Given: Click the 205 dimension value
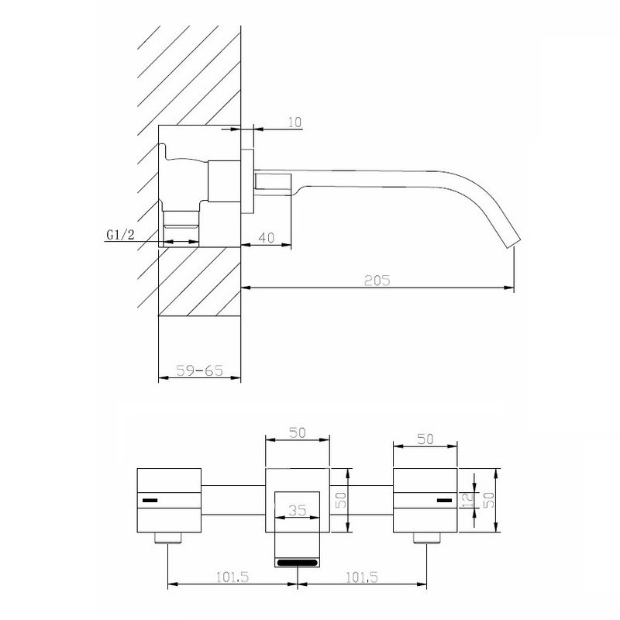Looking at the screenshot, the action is coord(377,280).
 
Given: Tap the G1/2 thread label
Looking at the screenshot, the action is coord(121,235).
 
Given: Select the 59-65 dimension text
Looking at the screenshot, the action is coord(200,370).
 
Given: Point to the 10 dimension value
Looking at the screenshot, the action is coord(294,122).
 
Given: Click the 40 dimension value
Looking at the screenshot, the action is coord(266,238).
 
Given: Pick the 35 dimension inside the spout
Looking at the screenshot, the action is coord(298,510).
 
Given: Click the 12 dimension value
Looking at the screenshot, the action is coord(468,500).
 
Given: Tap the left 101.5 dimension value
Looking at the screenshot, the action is coord(232,577).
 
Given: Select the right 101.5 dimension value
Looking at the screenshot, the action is coord(362,577).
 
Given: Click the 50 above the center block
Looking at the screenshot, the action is coord(298,433).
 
